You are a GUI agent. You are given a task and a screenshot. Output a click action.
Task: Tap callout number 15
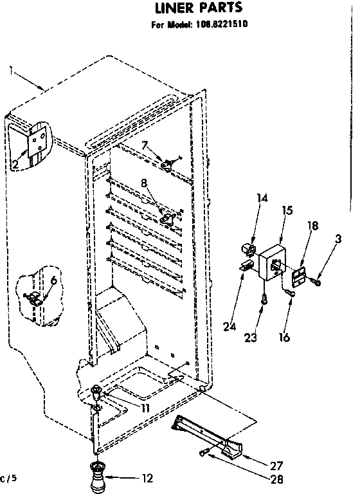(287, 210)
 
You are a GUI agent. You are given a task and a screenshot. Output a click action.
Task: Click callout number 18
(313, 225)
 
